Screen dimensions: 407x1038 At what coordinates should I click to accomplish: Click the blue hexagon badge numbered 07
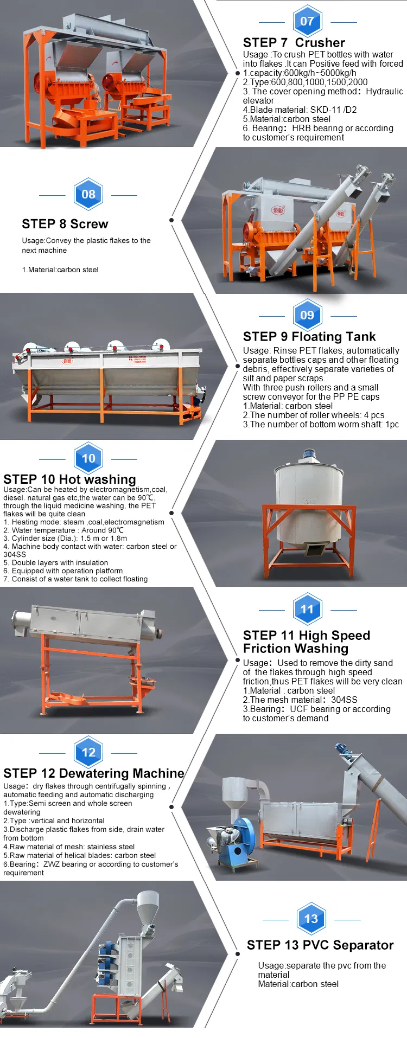pyautogui.click(x=307, y=21)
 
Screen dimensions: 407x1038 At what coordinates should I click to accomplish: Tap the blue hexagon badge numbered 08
pyautogui.click(x=88, y=194)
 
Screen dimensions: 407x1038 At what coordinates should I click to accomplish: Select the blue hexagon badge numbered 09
pyautogui.click(x=307, y=315)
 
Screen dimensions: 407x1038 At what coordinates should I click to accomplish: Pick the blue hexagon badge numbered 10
pyautogui.click(x=88, y=458)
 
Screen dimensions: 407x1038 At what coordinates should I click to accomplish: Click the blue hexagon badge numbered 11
pyautogui.click(x=307, y=609)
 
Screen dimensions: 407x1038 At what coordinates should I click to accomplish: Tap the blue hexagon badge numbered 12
pyautogui.click(x=88, y=752)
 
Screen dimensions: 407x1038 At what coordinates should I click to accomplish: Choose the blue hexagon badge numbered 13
pyautogui.click(x=311, y=919)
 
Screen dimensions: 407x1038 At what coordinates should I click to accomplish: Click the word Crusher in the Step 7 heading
pyautogui.click(x=320, y=43)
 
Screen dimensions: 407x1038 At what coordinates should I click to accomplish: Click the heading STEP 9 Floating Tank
pyautogui.click(x=309, y=337)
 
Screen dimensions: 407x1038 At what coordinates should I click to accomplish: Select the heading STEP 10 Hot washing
pyautogui.click(x=69, y=479)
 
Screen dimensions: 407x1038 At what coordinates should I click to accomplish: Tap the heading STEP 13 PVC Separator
pyautogui.click(x=320, y=945)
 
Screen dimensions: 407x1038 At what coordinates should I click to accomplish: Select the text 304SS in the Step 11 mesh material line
pyautogui.click(x=344, y=700)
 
